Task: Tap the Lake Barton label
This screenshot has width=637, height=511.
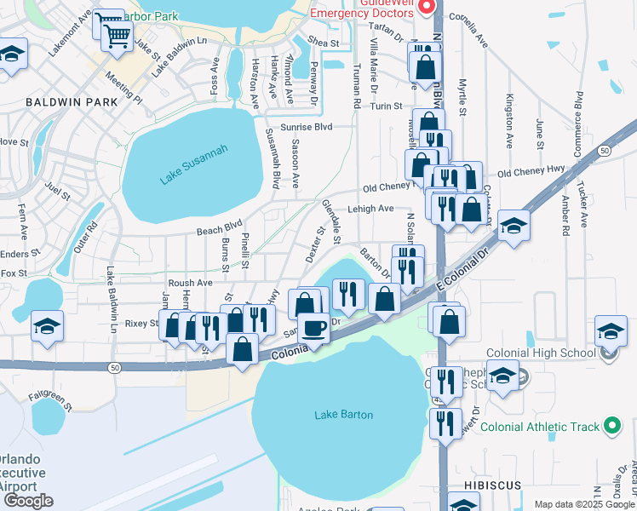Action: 344,415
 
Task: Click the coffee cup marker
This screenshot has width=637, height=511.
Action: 313,328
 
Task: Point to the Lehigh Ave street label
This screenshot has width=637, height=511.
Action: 370,208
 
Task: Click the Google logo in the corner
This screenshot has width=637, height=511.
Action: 28,501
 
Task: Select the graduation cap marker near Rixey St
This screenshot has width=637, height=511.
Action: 47,326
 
